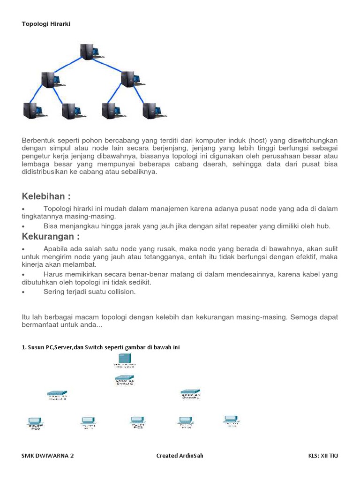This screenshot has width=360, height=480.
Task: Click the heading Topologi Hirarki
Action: (46, 23)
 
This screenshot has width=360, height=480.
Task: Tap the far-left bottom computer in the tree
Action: (31, 110)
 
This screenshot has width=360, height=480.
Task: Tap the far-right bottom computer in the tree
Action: (151, 110)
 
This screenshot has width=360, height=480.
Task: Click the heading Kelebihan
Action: (46, 196)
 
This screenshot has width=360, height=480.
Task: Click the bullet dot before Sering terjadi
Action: (23, 292)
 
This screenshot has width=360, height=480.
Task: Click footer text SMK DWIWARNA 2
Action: (48, 456)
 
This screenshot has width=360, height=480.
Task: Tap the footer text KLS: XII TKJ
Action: (323, 456)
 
